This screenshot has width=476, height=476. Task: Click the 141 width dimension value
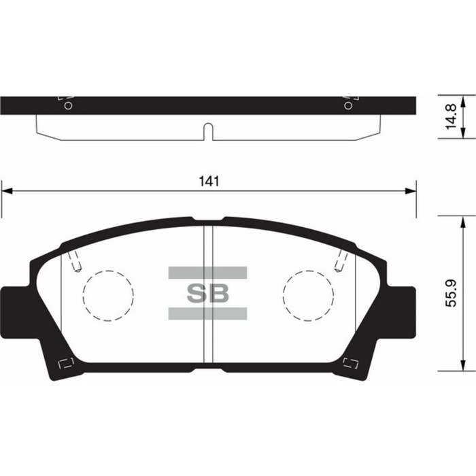click(x=208, y=182)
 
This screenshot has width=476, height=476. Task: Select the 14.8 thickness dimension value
click(x=449, y=118)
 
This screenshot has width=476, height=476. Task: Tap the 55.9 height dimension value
click(x=450, y=293)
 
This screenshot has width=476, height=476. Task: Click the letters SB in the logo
click(x=207, y=293)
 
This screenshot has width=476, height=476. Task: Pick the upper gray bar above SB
click(x=207, y=273)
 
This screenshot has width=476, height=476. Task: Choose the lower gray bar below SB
click(x=207, y=313)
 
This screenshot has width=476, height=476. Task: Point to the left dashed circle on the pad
click(x=108, y=296)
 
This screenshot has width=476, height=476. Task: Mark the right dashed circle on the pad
click(x=308, y=296)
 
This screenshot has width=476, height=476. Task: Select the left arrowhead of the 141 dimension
click(x=7, y=191)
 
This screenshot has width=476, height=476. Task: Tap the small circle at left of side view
click(x=67, y=105)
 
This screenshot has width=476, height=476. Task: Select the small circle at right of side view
click(x=348, y=105)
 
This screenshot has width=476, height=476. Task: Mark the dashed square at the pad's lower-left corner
click(x=66, y=362)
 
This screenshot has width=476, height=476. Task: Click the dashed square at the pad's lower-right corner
click(x=352, y=362)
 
